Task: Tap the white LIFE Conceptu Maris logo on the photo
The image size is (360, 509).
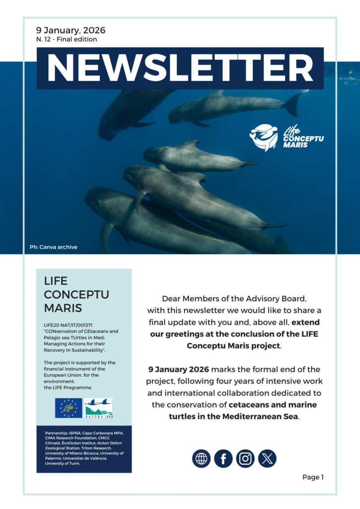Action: pyautogui.click(x=286, y=137)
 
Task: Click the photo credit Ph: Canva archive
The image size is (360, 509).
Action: pyautogui.click(x=54, y=247)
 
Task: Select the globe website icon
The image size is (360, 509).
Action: pyautogui.click(x=201, y=458)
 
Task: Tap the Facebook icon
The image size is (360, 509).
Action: pyautogui.click(x=223, y=458)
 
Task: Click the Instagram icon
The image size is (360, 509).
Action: pyautogui.click(x=245, y=458)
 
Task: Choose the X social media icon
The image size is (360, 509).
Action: pyautogui.click(x=267, y=458)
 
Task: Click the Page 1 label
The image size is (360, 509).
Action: pyautogui.click(x=313, y=477)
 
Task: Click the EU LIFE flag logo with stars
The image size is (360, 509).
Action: pyautogui.click(x=69, y=408)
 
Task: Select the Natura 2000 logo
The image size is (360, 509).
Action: pyautogui.click(x=98, y=408)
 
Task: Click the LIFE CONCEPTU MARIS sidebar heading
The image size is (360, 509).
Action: pyautogui.click(x=69, y=294)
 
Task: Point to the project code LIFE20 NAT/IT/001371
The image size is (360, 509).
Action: pyautogui.click(x=69, y=325)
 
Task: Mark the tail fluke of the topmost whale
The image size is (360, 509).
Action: pyautogui.click(x=291, y=104)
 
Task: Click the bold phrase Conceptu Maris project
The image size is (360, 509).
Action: pyautogui.click(x=233, y=345)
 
